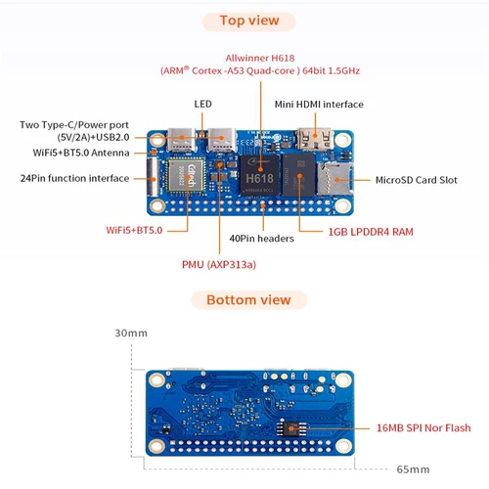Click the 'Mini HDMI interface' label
318,104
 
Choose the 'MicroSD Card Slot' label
403,180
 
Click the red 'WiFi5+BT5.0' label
133,229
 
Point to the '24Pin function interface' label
74,178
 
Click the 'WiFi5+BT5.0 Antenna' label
85,153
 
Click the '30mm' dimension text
130,333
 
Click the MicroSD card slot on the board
330,178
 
